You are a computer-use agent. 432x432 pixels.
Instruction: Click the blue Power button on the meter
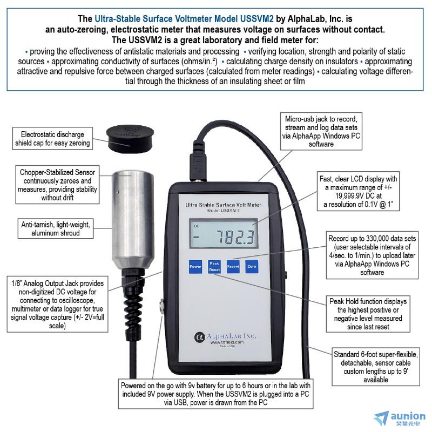pyautogui.click(x=195, y=267)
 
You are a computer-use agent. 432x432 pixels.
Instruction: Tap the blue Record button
pyautogui.click(x=233, y=267)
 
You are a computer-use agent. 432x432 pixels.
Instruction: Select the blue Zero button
pyautogui.click(x=252, y=267)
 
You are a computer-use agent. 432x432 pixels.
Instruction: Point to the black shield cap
pyautogui.click(x=130, y=139)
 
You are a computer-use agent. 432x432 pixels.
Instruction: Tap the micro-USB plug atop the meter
pyautogui.click(x=198, y=167)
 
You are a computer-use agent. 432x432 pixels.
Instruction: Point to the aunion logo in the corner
pyautogui.click(x=400, y=418)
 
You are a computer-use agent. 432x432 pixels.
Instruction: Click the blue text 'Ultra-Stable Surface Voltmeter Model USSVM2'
pyautogui.click(x=184, y=19)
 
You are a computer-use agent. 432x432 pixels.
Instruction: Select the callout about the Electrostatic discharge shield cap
pyautogui.click(x=52, y=139)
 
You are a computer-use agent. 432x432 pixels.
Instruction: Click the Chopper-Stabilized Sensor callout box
pyautogui.click(x=57, y=185)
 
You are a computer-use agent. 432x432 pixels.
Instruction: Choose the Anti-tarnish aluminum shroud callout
pyautogui.click(x=56, y=228)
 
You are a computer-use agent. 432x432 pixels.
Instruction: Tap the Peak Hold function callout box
pyautogui.click(x=368, y=314)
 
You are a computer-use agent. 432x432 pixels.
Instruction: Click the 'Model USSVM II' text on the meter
pyautogui.click(x=222, y=211)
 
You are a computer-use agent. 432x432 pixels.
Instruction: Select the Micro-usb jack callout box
pyautogui.click(x=321, y=131)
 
